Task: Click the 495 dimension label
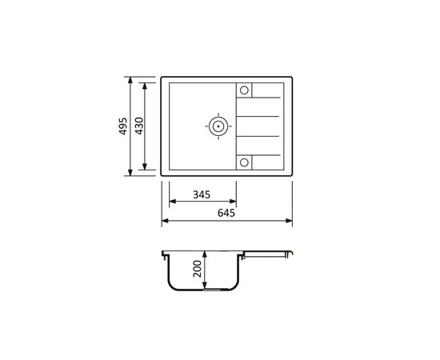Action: [x=123, y=126]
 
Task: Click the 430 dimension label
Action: [x=139, y=126]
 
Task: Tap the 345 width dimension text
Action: [x=202, y=194]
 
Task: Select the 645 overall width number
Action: [x=226, y=213]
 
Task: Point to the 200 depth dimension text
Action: [x=198, y=269]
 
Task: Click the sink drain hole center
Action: [x=218, y=126]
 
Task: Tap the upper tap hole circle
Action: [x=244, y=90]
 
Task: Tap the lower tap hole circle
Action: [x=244, y=162]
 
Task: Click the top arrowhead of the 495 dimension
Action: [x=130, y=80]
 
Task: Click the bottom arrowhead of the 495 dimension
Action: [x=130, y=173]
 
